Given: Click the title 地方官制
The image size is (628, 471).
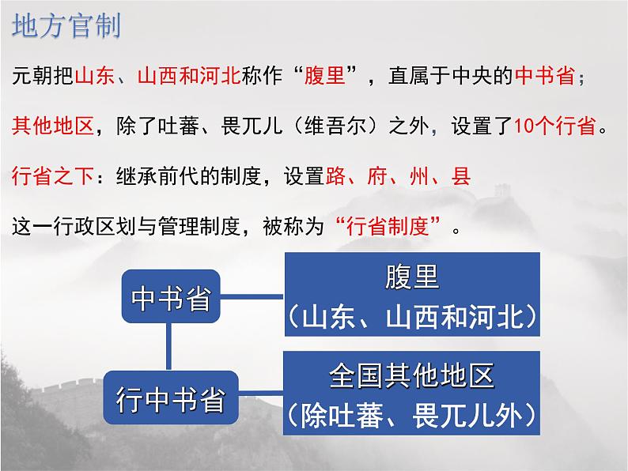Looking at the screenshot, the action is [66, 26].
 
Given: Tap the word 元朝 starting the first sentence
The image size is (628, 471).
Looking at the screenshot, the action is [32, 75].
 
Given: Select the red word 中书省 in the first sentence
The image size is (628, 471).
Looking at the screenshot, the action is [545, 75].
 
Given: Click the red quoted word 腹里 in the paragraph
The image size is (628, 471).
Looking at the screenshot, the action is [325, 75].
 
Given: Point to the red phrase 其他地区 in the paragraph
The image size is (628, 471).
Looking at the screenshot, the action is [53, 126].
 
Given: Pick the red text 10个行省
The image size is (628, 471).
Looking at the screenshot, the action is [554, 126].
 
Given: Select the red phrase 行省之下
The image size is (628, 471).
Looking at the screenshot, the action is [53, 176].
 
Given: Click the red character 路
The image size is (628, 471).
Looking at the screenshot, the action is [335, 176].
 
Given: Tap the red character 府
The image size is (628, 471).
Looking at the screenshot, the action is [377, 176].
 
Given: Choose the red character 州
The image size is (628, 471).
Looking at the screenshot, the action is [419, 176].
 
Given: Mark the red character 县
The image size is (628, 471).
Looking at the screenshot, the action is [460, 176].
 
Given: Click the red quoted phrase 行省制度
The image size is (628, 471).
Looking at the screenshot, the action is [388, 227].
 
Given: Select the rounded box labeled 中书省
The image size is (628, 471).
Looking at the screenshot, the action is [171, 296].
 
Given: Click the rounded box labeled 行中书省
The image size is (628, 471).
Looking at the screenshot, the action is [171, 398].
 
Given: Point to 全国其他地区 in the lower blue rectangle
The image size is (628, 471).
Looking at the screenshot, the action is [412, 375].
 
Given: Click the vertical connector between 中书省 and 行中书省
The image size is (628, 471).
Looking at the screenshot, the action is [168, 347].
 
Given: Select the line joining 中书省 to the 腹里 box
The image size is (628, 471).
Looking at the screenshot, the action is [252, 297].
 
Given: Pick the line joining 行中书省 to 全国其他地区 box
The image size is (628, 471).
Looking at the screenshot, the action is [261, 393].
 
